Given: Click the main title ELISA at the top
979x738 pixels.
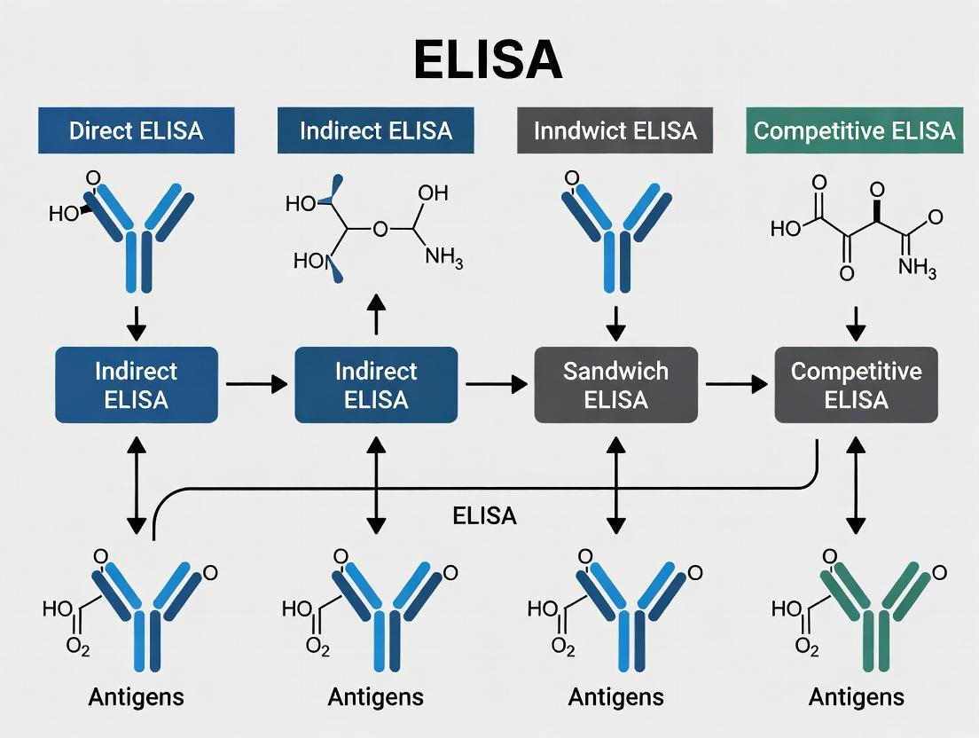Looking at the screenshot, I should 489,60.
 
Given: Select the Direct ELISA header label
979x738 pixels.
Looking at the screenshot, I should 136,131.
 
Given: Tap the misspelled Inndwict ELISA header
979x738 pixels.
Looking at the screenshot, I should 615,131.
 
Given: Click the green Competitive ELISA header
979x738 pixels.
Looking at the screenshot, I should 854,131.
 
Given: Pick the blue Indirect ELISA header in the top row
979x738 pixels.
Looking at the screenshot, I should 375,131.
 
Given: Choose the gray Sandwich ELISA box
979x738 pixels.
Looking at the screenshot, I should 615,384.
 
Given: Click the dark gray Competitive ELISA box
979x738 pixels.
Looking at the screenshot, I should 856,384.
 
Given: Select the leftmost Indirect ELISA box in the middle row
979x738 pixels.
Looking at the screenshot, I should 136,384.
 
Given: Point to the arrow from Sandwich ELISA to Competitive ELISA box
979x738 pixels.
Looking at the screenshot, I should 736,384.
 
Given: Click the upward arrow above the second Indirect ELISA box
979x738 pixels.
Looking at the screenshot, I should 376,314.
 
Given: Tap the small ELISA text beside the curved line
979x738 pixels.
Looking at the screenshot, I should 484,516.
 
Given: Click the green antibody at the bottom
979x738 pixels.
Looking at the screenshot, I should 856,612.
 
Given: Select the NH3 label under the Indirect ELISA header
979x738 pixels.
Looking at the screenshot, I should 443,257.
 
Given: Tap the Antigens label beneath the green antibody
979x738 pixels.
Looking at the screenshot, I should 856,697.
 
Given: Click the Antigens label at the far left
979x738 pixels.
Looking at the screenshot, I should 136,697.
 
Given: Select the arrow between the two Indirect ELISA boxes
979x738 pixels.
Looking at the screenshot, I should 256,384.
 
